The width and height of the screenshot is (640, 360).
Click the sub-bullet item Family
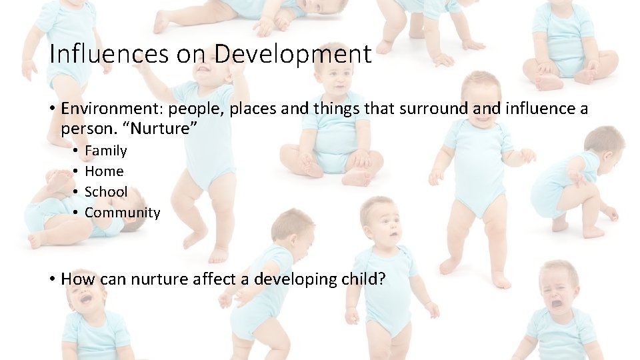105,151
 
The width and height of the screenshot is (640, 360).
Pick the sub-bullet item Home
104,171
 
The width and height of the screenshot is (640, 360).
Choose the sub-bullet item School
106,192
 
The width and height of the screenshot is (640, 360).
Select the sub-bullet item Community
123,213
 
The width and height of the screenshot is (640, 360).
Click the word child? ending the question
362,279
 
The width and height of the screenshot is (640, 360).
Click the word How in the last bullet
78,279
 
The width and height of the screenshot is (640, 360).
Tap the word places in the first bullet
254,109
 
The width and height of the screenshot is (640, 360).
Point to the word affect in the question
221,279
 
